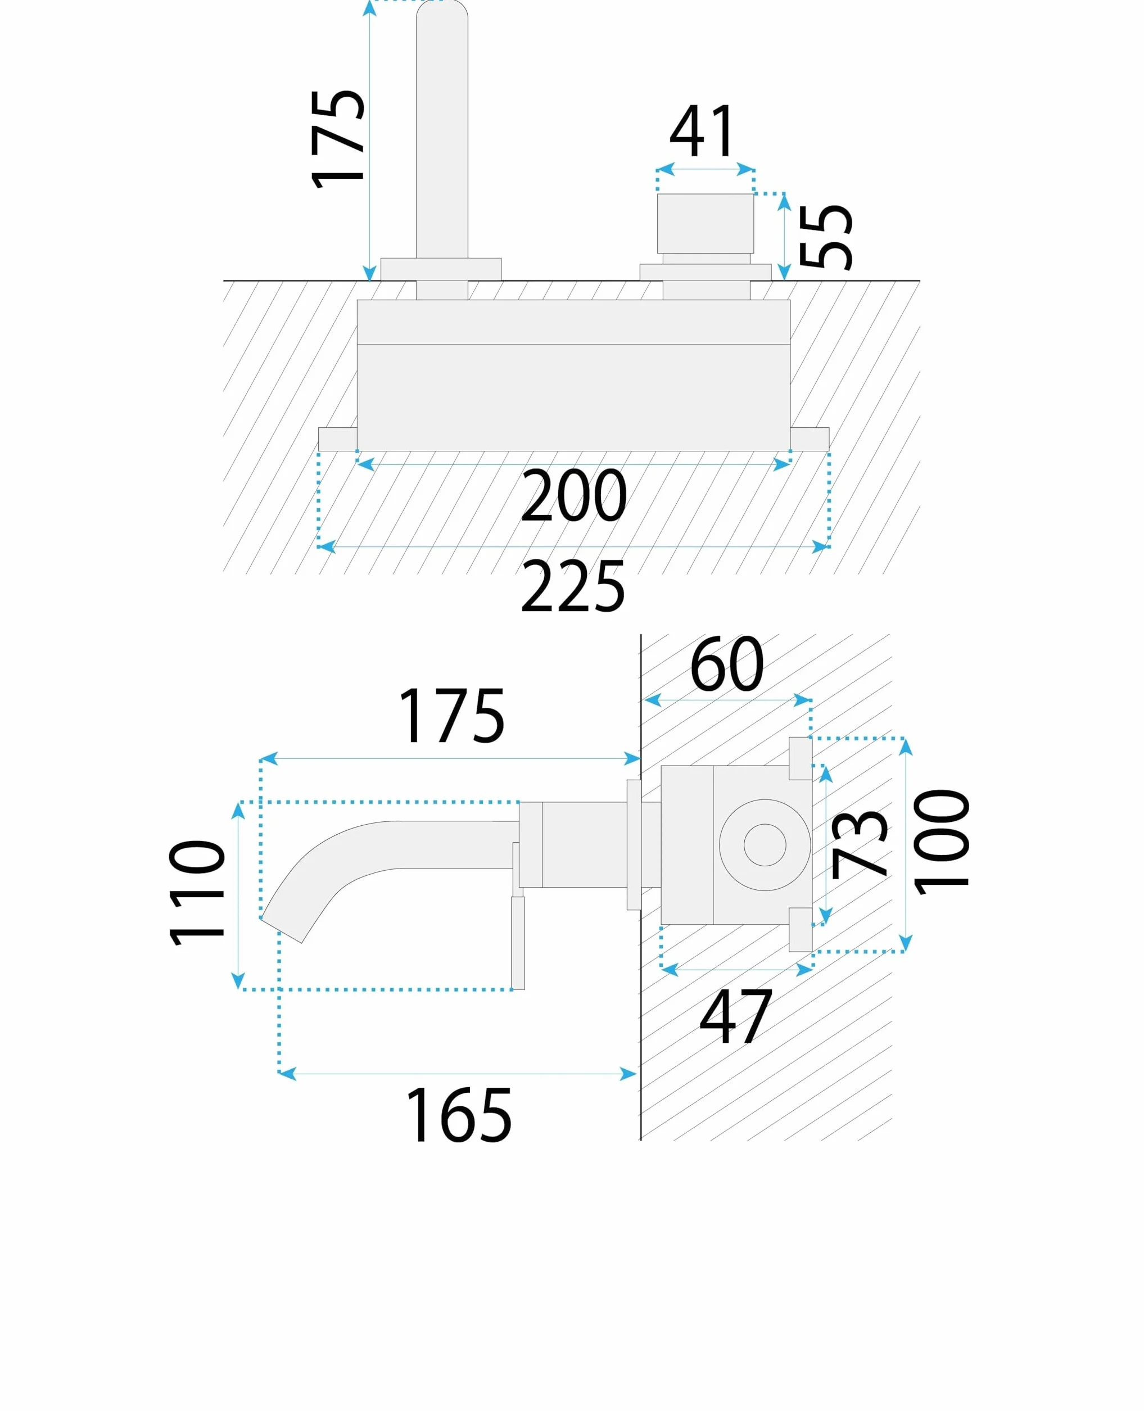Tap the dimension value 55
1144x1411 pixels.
826,237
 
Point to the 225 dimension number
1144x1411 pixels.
572,586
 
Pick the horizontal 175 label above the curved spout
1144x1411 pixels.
452,716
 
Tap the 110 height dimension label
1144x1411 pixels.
197,893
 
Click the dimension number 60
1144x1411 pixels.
727,664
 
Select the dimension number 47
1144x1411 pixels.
735,1016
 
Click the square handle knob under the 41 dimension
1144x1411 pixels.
705,223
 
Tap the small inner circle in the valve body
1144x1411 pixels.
765,844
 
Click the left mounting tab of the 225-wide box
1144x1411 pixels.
337,439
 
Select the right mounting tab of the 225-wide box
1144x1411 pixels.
810,439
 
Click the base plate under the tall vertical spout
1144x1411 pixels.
441,269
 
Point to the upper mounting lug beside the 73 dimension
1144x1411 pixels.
800,758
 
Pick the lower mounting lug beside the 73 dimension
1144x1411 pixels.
800,929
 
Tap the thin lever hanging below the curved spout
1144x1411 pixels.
518,942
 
